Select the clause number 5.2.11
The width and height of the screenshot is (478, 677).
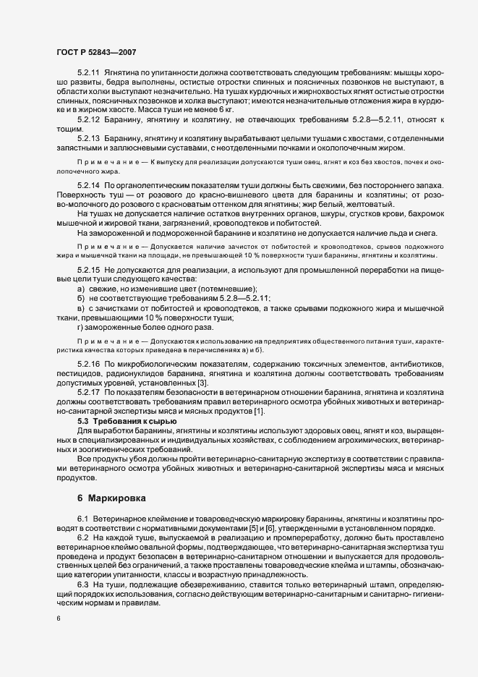[88, 74]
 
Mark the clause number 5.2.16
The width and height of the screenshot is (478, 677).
[88, 361]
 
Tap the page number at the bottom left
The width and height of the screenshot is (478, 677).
[58, 618]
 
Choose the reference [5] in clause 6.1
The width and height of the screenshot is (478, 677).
[293, 529]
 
